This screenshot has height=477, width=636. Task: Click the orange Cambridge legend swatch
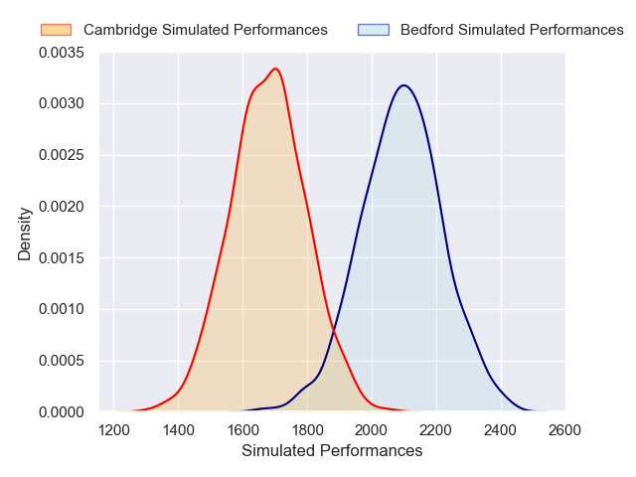coord(57,30)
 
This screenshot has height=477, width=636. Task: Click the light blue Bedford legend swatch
coord(374,30)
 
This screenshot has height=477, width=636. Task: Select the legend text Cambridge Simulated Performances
coord(205,30)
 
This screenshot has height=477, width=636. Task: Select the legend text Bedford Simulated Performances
coord(512,30)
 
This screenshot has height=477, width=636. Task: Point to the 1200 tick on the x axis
coord(114,430)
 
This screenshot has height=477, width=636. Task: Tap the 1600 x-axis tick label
coord(243,430)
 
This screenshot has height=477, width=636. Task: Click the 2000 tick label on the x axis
coord(372,430)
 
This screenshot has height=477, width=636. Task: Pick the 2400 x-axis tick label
coord(501,430)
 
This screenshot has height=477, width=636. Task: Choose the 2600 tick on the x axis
coord(565,430)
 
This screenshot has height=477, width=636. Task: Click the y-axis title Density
coord(25,233)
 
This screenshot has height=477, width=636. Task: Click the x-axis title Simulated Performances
coord(332,451)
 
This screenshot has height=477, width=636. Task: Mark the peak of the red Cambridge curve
coord(275,69)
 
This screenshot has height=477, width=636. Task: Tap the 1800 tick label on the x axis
coord(308,430)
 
